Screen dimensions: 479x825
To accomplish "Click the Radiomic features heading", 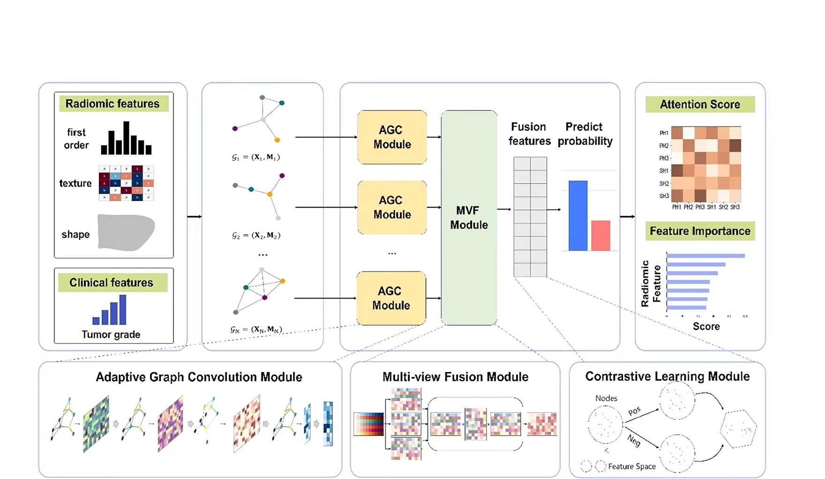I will (112, 104).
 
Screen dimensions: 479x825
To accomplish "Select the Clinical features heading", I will (112, 283).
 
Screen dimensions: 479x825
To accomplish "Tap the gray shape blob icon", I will (126, 232).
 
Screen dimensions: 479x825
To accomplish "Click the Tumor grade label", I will (111, 335).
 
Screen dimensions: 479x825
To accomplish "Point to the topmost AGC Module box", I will (392, 137).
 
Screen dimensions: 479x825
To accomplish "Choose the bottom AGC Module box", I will (391, 299).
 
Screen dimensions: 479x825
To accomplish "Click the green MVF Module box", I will (469, 218).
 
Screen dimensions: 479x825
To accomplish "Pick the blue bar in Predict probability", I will (578, 216).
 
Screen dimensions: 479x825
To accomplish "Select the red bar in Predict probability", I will (600, 235).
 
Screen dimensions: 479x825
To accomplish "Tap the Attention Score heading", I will (700, 104).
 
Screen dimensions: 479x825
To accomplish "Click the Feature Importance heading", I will (700, 231).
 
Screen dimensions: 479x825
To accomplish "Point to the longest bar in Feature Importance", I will (705, 256).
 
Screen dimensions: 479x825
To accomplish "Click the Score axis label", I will (706, 327).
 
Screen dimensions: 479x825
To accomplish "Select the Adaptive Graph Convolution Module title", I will (199, 377).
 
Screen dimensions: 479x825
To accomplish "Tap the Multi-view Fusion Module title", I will (455, 377).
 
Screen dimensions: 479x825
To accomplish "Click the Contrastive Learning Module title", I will (667, 376).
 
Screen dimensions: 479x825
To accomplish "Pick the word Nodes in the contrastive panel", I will (606, 398).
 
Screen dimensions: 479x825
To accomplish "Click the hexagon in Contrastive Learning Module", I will (738, 428).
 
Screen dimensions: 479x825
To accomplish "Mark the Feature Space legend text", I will (632, 466).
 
